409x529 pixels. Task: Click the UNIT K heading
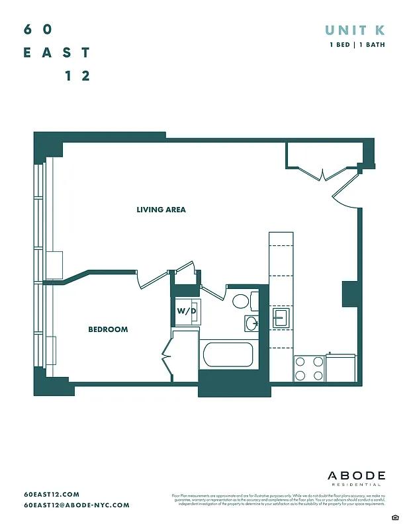pos(355,30)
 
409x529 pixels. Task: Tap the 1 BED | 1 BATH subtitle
pos(357,45)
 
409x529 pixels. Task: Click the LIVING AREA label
pos(161,210)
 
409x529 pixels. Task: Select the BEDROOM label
pos(108,329)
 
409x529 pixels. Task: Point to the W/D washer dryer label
pos(185,310)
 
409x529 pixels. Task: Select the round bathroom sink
pos(251,323)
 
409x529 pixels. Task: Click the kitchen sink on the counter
pos(281,317)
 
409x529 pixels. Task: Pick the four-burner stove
pos(308,368)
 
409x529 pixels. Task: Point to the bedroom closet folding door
pos(167,358)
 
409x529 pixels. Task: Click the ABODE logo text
pos(356,475)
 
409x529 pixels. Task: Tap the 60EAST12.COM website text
pos(51,495)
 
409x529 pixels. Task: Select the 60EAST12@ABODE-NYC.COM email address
pos(76,505)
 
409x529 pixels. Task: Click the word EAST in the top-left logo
pos(56,53)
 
